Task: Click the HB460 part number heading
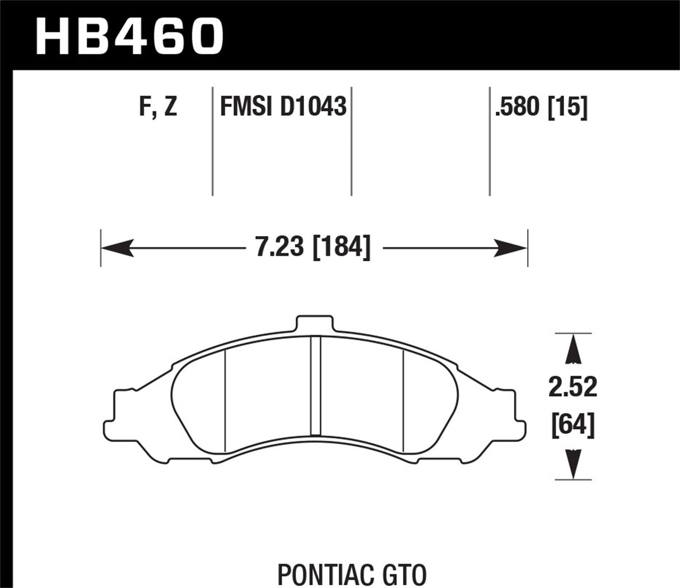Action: (129, 35)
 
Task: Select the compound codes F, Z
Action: (158, 107)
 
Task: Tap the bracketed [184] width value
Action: (341, 247)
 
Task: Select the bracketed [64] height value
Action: (573, 426)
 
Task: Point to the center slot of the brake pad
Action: (315, 386)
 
